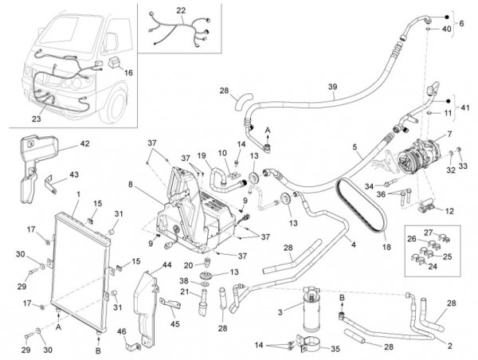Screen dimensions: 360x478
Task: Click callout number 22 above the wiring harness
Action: click(x=180, y=10)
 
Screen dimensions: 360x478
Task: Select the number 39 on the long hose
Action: click(x=332, y=87)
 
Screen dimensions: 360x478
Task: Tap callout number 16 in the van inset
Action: click(x=129, y=72)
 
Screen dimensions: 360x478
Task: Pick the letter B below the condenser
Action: click(x=99, y=350)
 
